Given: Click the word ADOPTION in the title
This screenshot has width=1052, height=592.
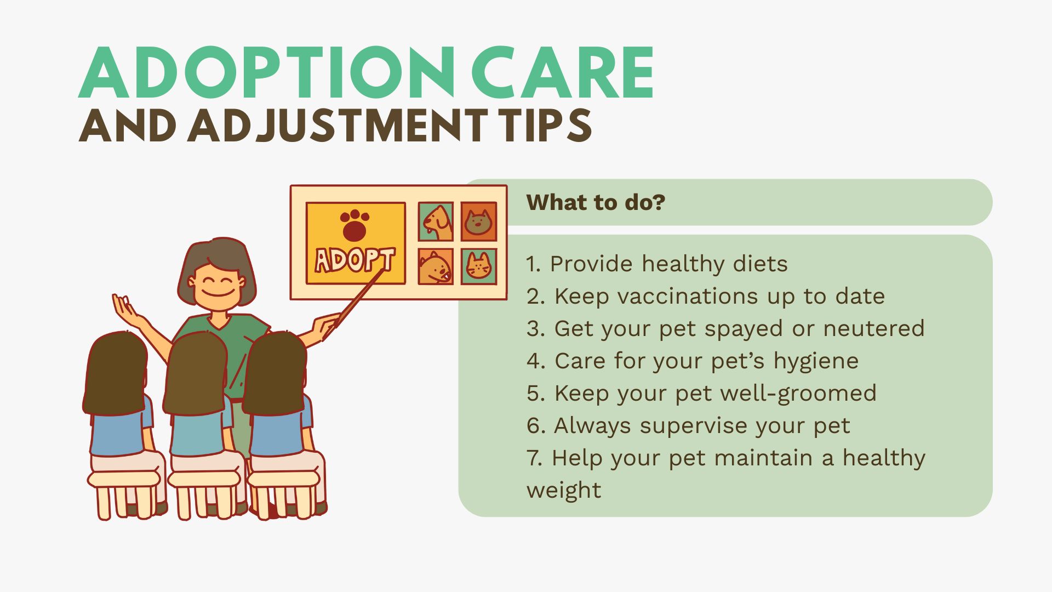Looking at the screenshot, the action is pos(267,72).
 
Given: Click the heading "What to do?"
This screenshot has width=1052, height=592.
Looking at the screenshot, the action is pos(596,202).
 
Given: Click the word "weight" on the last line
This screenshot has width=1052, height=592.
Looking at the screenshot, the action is pos(564,491).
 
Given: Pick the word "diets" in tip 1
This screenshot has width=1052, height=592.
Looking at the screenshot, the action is pos(760,264).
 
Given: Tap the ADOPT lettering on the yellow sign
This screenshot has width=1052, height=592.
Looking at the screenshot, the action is pos(355,260).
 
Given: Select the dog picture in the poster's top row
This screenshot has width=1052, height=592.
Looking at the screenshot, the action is pos(436,221).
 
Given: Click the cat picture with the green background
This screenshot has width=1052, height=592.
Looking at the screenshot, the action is pos(479,266).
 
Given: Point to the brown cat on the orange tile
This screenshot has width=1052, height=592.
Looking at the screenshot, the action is pos(478,221).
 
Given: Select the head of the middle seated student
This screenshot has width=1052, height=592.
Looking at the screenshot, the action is pos(196,373).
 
